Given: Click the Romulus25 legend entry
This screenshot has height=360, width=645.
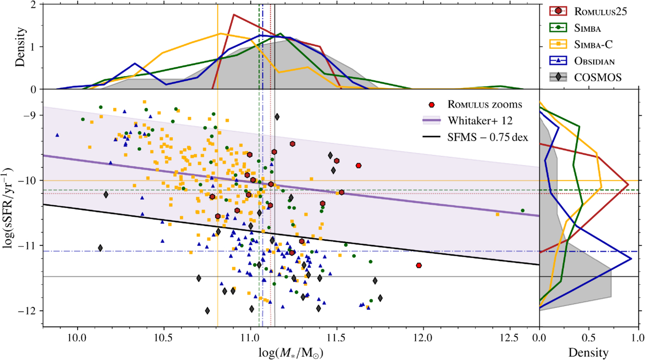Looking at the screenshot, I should coord(597,12).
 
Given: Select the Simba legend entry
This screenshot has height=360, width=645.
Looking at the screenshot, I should coord(587,28).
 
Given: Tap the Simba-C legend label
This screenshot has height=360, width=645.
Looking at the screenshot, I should coord(592,44).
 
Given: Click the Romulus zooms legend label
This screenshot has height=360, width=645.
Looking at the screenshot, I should coord(485,105).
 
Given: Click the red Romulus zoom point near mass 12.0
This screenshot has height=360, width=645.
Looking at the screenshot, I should coord(419,265).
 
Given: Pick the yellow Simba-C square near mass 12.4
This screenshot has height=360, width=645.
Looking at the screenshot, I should coord(497,214).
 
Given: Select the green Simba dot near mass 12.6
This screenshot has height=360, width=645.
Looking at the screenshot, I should coord(523,210).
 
